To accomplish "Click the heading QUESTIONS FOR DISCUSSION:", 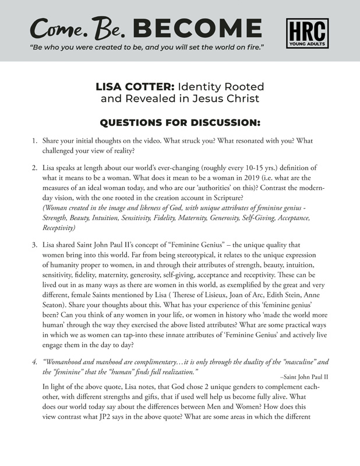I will [180, 123].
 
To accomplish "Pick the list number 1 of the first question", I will [34, 142].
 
